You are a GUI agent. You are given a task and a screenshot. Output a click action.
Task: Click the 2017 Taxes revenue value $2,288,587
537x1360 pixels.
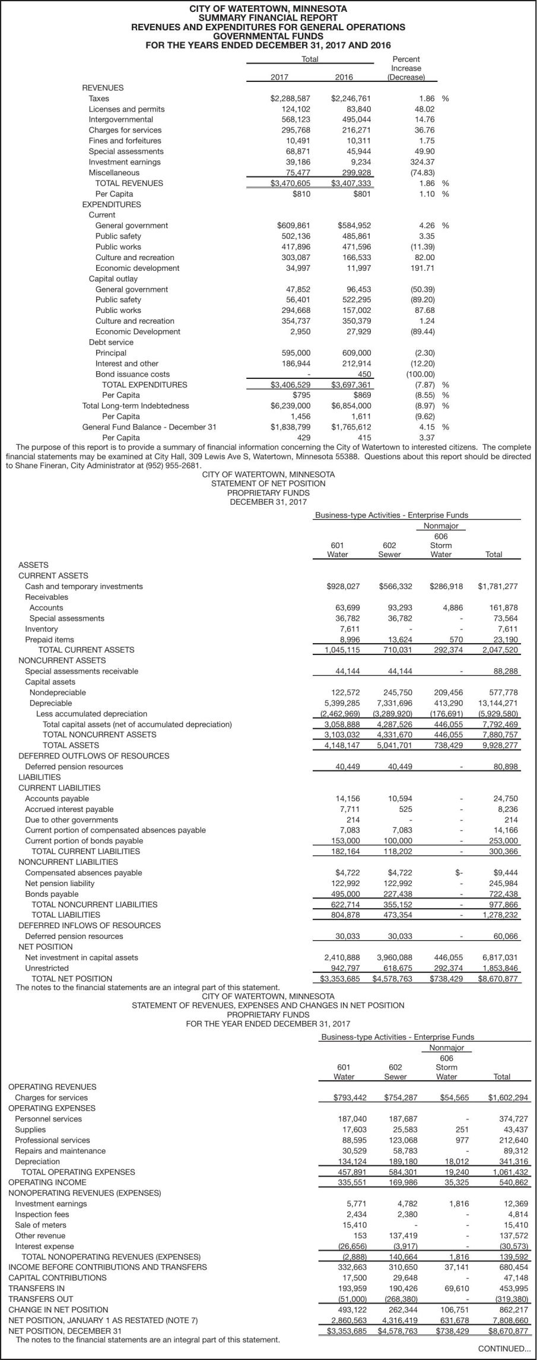coord(290,99)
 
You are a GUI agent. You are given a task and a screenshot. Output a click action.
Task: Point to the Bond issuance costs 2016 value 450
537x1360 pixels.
coord(364,374)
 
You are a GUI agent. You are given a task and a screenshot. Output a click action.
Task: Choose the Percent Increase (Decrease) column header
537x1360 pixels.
coord(406,68)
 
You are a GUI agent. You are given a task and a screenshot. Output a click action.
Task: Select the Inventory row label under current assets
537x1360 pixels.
coord(42,629)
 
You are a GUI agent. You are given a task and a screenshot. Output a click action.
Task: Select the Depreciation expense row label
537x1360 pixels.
coord(37,1161)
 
